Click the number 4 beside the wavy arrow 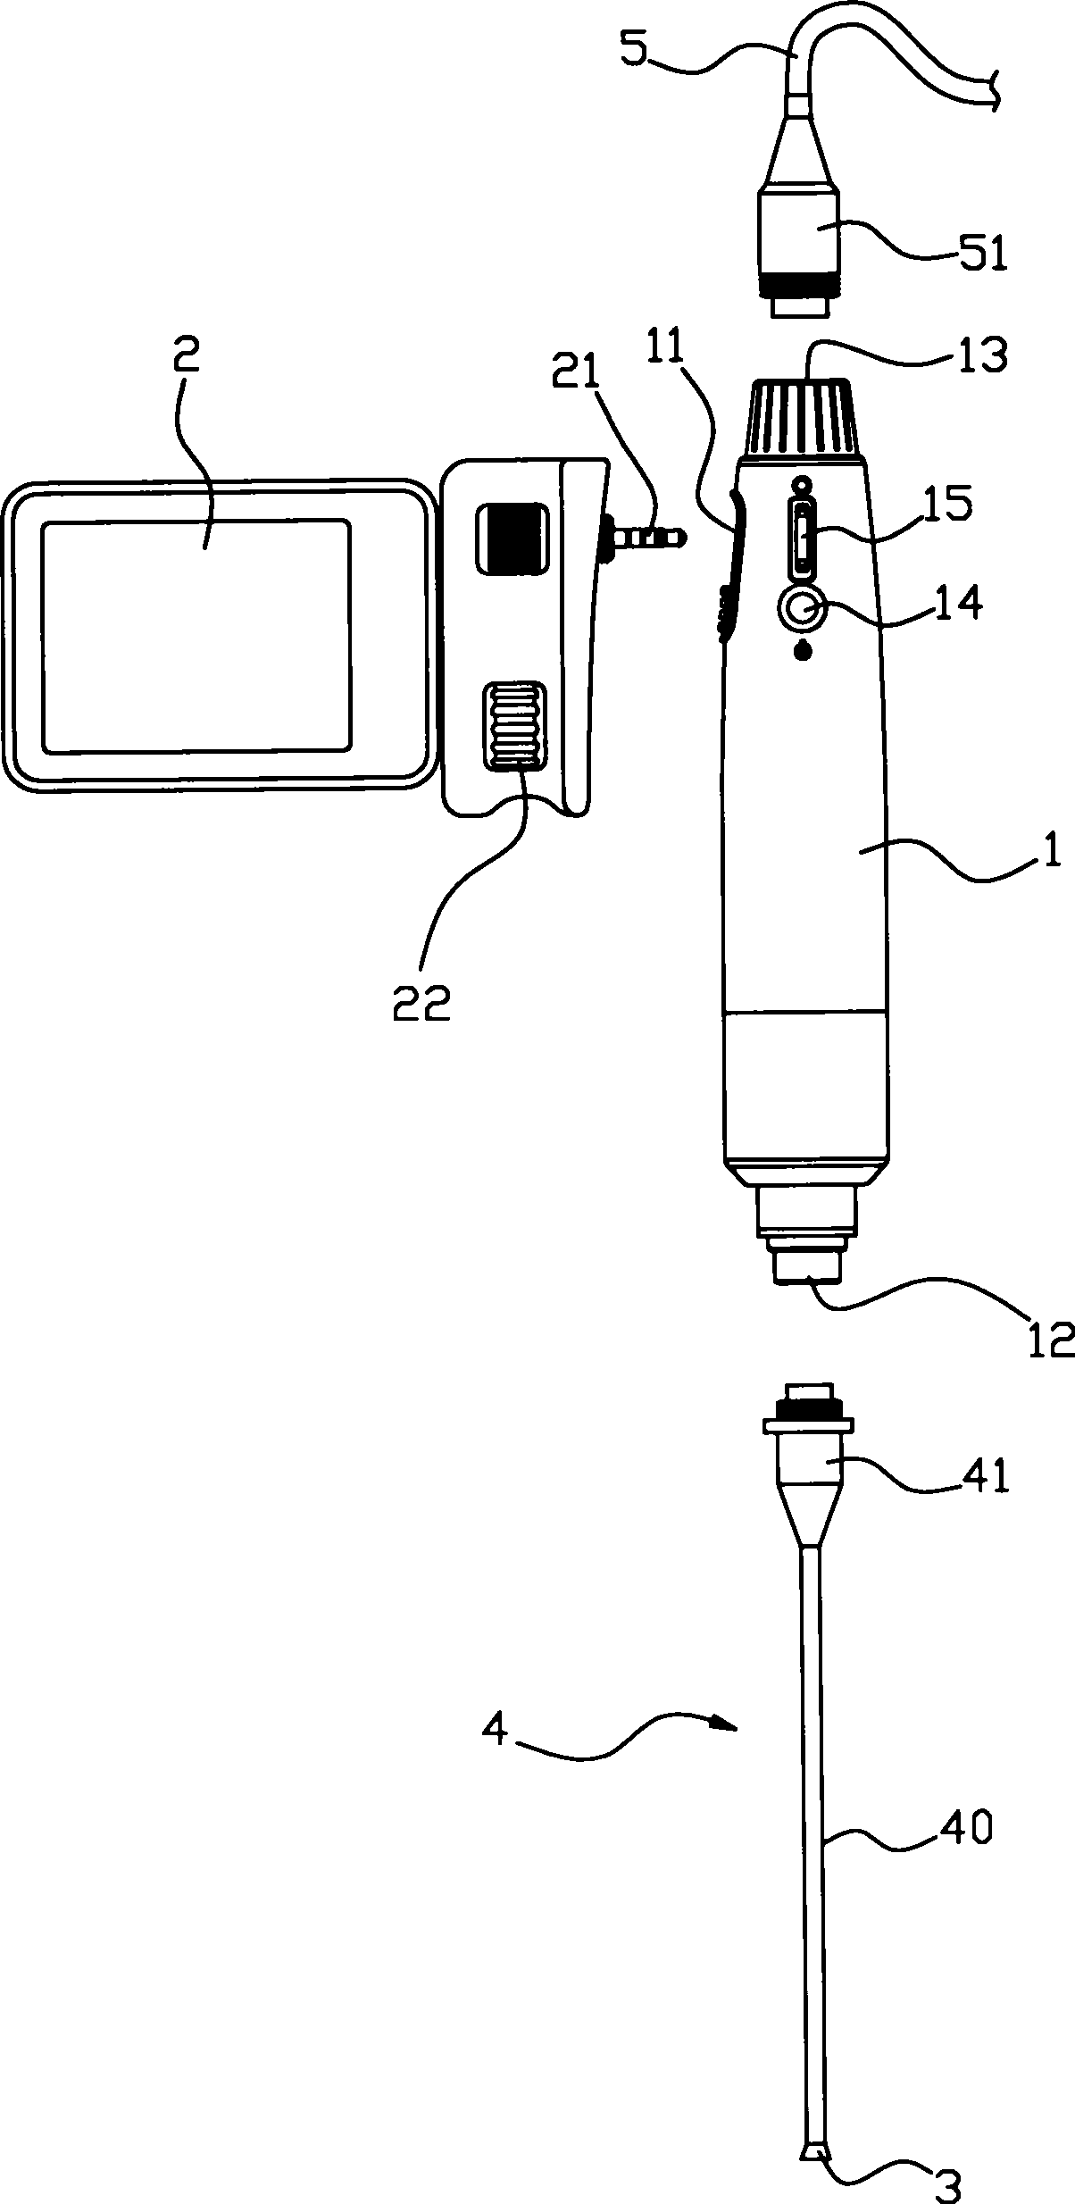(496, 1732)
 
